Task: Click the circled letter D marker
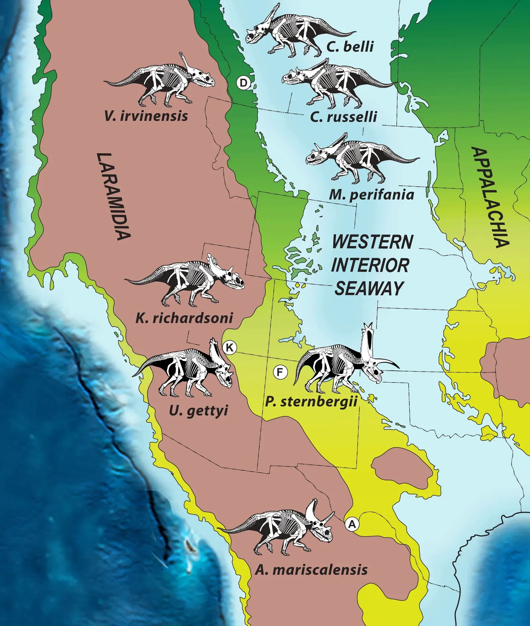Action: tap(243, 83)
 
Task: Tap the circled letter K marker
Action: tap(229, 347)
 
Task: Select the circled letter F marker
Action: tap(280, 372)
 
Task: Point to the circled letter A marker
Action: tap(352, 524)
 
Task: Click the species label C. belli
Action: tap(350, 46)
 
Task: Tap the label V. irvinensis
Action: tap(146, 116)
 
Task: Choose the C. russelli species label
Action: tap(344, 117)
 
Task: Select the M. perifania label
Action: tap(371, 194)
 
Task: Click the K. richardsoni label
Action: tap(184, 318)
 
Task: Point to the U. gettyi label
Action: tap(198, 411)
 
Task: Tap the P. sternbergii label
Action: tap(311, 402)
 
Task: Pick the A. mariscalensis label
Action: tap(311, 570)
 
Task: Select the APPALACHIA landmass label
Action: tap(490, 197)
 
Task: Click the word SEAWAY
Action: tap(369, 288)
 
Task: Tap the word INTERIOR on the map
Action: tap(370, 265)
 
